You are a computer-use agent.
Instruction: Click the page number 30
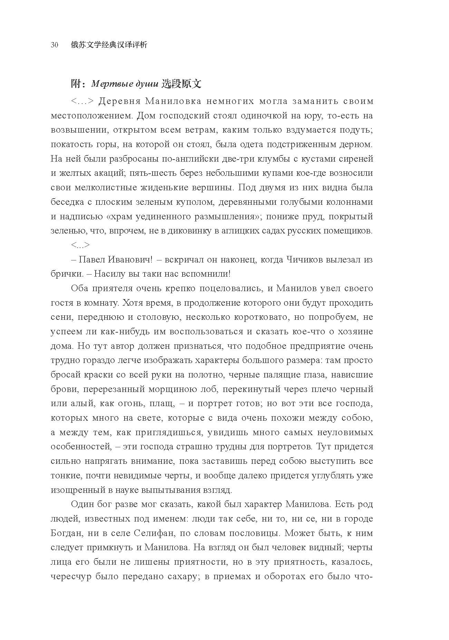(x=54, y=45)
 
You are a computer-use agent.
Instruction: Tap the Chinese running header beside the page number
(x=109, y=45)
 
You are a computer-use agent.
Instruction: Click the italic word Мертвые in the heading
(x=107, y=84)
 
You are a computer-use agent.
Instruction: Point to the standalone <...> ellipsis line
(x=80, y=245)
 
